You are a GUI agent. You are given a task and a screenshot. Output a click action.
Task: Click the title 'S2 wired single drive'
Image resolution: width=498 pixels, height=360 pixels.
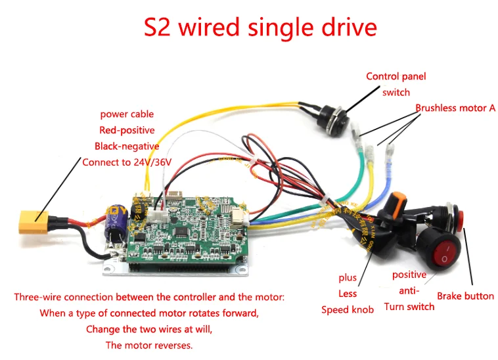(x=260, y=27)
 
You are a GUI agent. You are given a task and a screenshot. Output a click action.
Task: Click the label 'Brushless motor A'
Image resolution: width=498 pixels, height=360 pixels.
(x=455, y=108)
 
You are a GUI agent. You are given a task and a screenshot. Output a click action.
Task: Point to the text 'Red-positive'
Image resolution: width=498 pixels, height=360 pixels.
(x=127, y=130)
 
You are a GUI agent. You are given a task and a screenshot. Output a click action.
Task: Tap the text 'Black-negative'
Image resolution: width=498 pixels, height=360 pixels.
(x=127, y=146)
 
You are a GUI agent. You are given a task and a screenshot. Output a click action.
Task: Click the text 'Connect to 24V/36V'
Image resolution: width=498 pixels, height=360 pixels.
(x=127, y=162)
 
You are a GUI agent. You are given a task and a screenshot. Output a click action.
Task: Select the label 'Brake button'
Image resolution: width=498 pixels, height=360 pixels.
(x=465, y=296)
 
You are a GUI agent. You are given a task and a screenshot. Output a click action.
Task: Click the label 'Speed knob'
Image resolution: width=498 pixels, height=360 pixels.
(x=348, y=309)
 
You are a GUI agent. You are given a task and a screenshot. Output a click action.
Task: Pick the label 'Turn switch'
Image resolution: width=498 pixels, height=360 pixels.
(x=409, y=306)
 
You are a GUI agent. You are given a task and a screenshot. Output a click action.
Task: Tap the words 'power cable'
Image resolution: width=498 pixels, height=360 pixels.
(x=127, y=114)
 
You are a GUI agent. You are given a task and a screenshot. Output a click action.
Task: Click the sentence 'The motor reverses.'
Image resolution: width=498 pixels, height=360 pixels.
(x=148, y=345)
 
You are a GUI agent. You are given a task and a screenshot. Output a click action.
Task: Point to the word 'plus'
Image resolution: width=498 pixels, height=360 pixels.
(x=348, y=278)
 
